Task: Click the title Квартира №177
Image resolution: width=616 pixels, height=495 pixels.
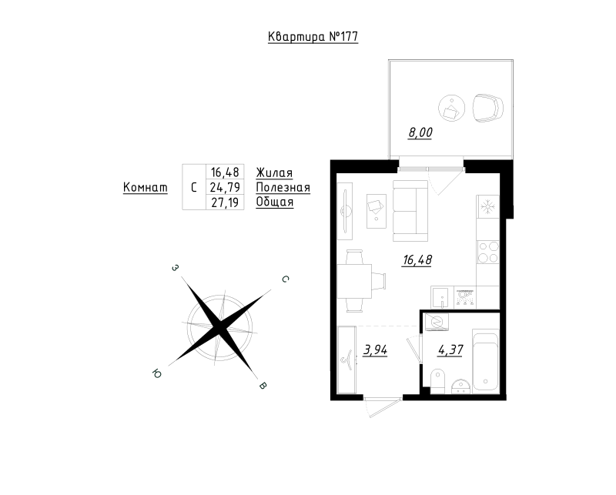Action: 313,36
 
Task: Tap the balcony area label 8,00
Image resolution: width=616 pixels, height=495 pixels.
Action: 420,132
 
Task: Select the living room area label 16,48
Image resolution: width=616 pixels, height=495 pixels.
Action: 417,259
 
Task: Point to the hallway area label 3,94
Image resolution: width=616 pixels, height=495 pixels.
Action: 375,350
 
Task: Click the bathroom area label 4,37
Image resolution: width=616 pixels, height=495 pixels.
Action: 450,350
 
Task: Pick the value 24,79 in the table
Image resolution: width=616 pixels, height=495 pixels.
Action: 225,187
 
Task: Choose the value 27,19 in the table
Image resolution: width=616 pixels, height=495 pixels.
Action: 225,202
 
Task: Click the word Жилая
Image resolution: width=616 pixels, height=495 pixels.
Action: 274,173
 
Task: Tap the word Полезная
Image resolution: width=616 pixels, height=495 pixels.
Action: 283,187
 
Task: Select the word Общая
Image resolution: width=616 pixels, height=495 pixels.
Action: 275,202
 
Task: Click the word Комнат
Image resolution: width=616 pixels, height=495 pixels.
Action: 146,187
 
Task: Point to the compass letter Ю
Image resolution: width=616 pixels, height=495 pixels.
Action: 156,373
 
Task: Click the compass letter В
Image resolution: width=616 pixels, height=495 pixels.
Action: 263,386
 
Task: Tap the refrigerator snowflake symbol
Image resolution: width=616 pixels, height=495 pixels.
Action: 488,206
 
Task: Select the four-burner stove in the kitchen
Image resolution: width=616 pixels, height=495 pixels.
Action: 488,253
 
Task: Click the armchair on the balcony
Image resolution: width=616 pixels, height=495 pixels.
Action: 487,108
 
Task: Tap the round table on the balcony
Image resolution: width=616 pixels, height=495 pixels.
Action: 451,108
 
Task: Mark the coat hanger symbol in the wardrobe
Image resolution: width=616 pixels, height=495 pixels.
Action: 348,360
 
